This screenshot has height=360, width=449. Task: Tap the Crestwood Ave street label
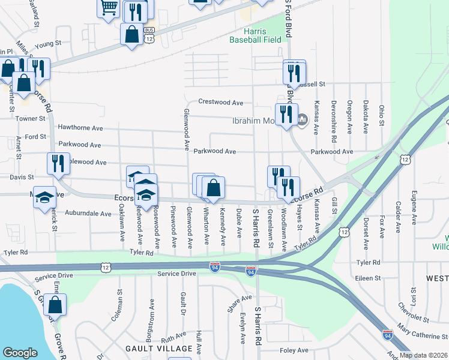tap(221, 103)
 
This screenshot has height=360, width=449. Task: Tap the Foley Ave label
tap(294, 350)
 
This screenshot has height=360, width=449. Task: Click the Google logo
tap(20, 353)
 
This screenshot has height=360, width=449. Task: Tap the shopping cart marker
tap(109, 8)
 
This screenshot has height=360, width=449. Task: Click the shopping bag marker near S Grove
tap(55, 305)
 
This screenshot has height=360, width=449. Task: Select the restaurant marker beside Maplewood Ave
tap(58, 163)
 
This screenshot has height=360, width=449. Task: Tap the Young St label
tap(48, 44)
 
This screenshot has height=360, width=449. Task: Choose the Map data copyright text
tap(423, 355)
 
